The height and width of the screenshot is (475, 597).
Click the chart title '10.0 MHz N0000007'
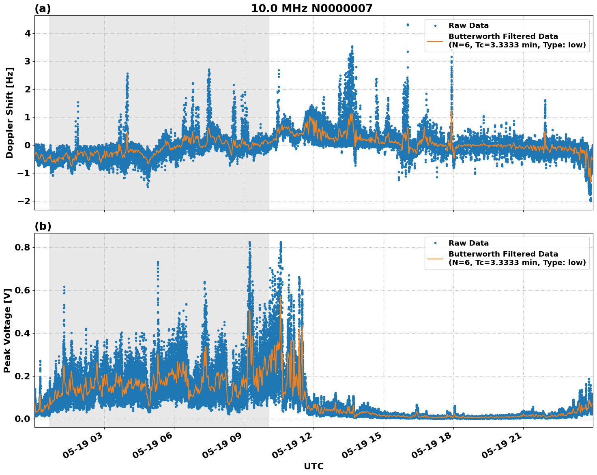(x=311, y=9)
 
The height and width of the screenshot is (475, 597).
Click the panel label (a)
(x=43, y=9)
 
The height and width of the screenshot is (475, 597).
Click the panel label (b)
(x=43, y=227)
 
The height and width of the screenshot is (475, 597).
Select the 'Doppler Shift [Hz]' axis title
(x=10, y=113)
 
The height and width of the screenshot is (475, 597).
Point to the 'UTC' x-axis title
(x=314, y=466)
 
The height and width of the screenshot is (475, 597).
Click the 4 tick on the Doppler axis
(x=28, y=33)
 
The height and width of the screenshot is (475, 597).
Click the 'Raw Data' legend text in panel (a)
(x=468, y=26)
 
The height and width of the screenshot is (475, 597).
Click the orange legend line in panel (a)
(x=435, y=41)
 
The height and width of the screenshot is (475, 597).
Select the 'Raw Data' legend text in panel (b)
(x=468, y=243)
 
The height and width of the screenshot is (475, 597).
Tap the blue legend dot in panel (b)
(x=435, y=243)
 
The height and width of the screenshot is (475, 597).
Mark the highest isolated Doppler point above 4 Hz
(x=408, y=25)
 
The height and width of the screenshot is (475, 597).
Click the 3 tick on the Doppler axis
(x=28, y=61)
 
